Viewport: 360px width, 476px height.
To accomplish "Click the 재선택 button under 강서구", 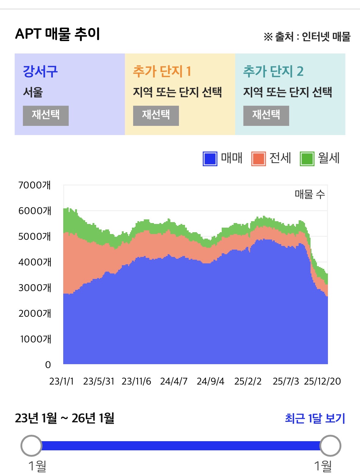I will point(46,115).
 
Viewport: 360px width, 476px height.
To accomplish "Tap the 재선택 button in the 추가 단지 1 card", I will point(156,115).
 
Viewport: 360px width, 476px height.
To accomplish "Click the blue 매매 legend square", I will point(210,159).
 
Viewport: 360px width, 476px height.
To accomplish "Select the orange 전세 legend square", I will point(259,159).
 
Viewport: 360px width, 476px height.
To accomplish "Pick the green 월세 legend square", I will point(307,159).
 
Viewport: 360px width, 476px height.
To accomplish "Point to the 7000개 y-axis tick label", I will point(35,185).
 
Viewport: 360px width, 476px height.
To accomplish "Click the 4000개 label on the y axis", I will point(35,262).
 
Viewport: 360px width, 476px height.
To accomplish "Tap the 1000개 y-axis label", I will point(35,339).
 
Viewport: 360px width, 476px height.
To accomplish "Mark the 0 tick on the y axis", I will point(48,365).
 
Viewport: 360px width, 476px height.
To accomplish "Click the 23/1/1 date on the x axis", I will point(61,381).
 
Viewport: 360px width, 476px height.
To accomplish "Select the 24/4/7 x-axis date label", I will point(174,381).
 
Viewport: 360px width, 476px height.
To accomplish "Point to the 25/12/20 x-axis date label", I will point(322,381).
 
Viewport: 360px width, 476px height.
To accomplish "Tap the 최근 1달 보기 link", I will point(315,419).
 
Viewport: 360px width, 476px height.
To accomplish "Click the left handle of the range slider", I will point(31,446).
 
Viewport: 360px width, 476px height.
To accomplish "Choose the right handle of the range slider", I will point(330,446).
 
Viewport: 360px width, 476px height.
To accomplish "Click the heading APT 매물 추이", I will point(57,34).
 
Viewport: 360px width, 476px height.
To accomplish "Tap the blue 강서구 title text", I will point(40,71).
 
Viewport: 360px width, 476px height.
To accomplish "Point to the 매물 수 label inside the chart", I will point(310,194).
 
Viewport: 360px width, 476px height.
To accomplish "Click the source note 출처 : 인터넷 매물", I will point(307,37).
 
